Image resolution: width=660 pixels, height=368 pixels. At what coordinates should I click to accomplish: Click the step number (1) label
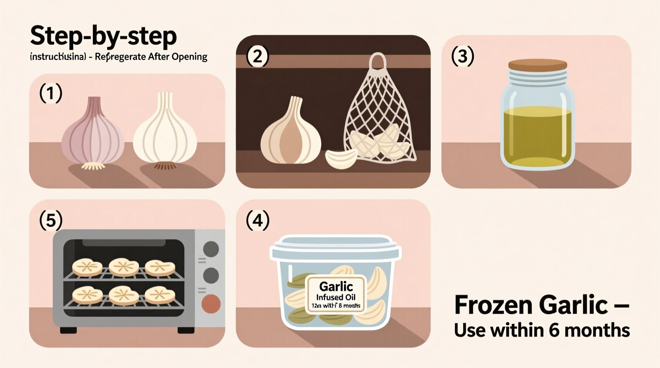[x=51, y=94]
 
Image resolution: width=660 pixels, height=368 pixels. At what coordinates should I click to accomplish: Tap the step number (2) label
[x=257, y=56]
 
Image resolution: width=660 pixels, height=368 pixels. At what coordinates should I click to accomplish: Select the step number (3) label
[x=462, y=56]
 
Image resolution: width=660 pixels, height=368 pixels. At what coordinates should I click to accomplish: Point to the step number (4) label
[x=257, y=220]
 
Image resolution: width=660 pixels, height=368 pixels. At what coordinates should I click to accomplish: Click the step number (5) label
[x=51, y=220]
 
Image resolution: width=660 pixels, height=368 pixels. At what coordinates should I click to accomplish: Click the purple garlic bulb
[x=92, y=135]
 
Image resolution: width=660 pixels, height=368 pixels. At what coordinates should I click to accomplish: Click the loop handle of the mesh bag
[x=378, y=62]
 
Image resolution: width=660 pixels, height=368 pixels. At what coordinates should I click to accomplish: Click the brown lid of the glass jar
[x=537, y=65]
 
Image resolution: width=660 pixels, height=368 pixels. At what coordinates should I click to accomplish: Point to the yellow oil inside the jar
[x=537, y=135]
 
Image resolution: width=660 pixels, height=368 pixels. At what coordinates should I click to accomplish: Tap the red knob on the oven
[x=211, y=304]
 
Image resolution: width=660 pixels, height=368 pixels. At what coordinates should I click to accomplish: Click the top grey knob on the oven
[x=211, y=249]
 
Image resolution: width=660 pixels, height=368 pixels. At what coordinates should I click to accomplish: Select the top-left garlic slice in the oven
[x=87, y=267]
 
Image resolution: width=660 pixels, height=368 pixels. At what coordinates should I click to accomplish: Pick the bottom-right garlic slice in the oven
[x=159, y=295]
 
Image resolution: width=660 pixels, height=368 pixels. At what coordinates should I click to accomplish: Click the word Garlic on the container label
[x=336, y=286]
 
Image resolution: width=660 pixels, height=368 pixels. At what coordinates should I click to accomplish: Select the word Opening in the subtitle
[x=189, y=57]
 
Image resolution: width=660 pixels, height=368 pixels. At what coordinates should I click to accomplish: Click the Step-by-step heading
[x=103, y=36]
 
